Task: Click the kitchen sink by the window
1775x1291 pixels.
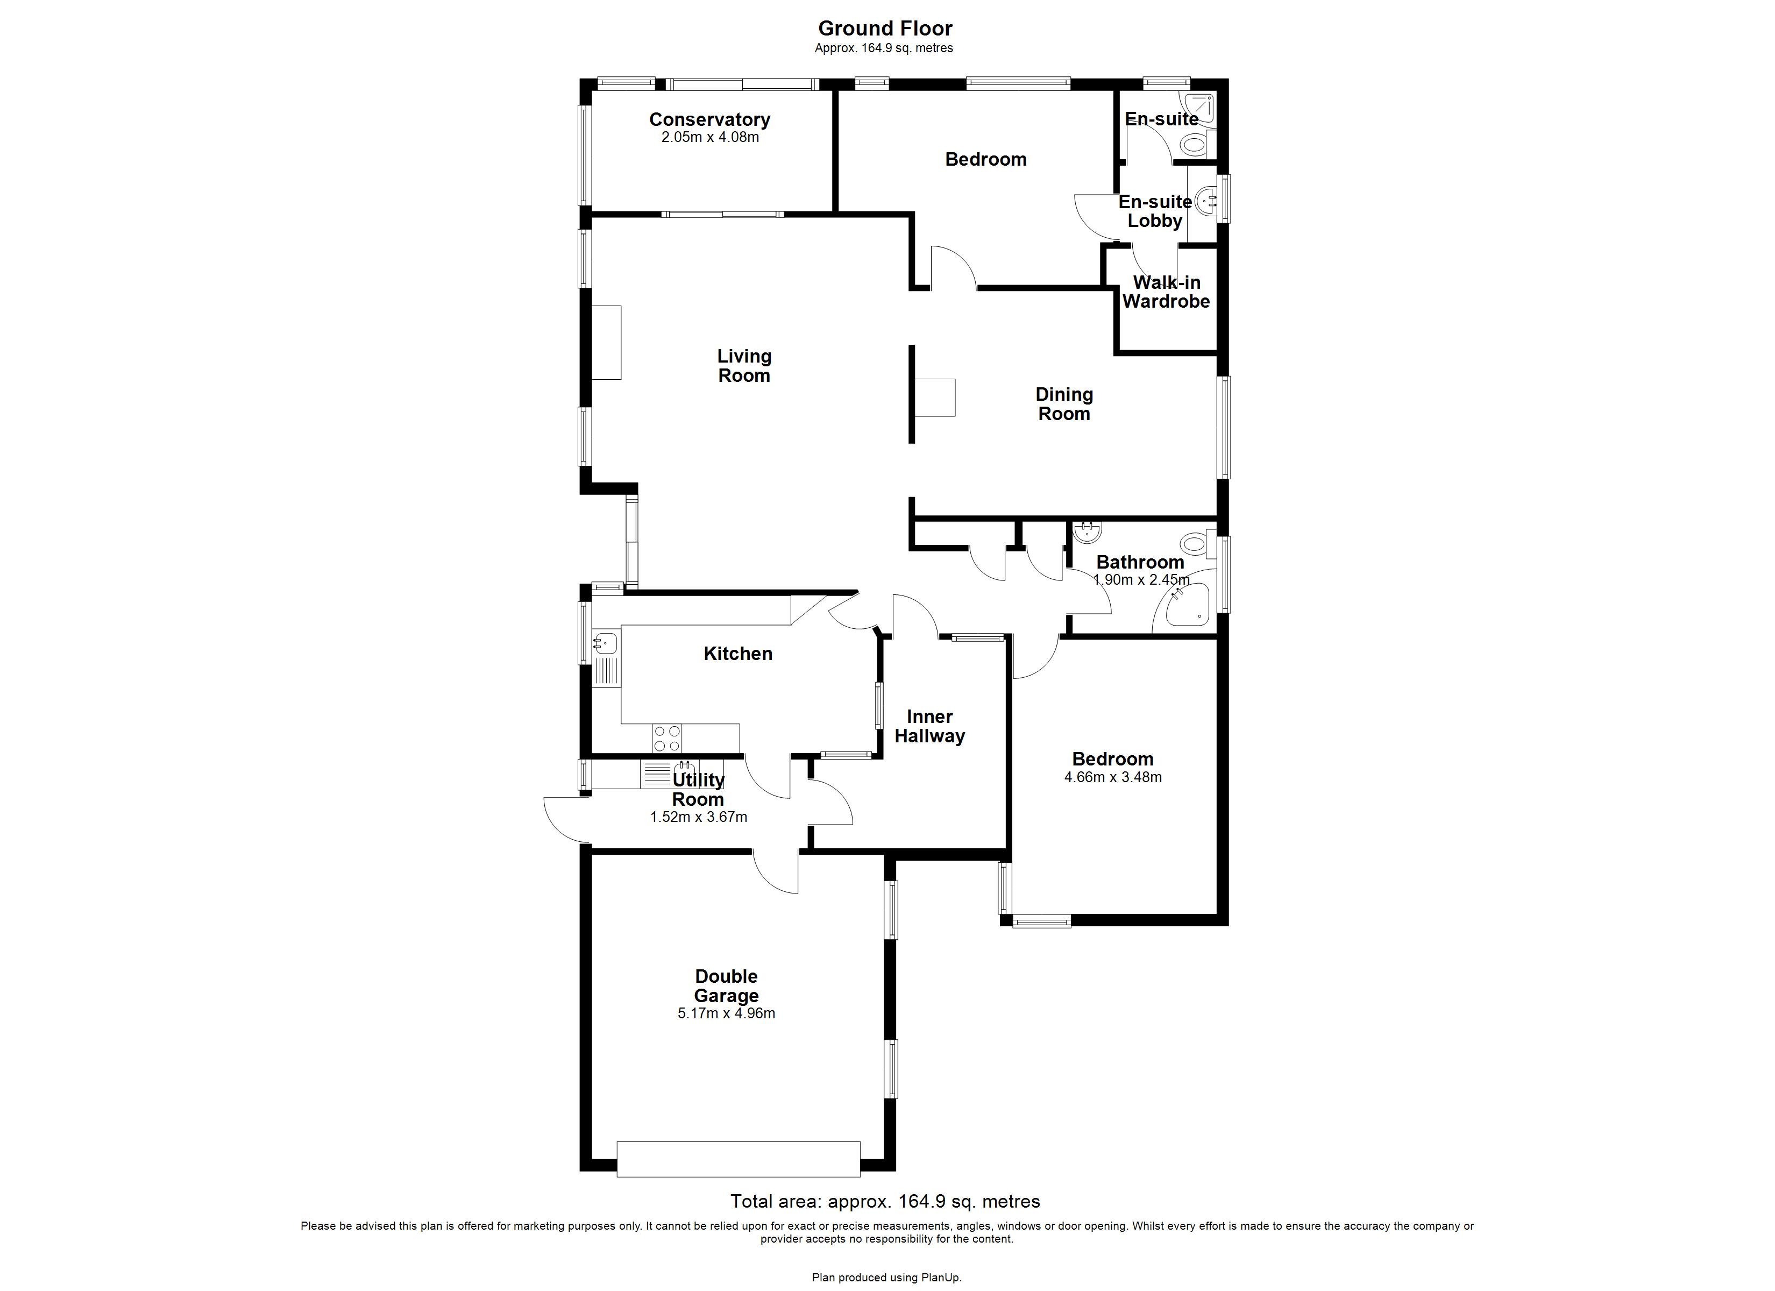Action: coord(605,643)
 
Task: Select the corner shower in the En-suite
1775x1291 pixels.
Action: coord(1201,108)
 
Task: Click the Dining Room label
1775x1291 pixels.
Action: coord(1063,404)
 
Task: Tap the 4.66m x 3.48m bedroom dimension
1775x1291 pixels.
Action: coord(1112,777)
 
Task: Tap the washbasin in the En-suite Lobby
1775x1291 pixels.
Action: coord(1206,201)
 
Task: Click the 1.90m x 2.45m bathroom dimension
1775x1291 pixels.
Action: coord(1140,580)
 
